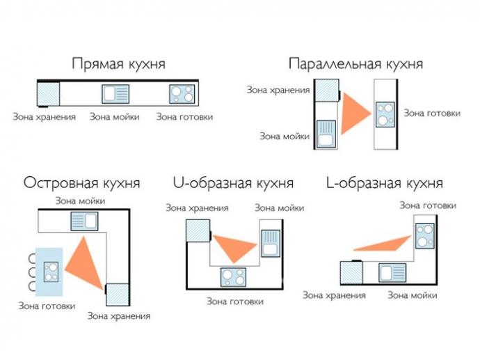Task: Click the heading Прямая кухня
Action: [119, 64]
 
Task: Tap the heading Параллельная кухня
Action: [355, 64]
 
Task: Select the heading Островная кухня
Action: [81, 183]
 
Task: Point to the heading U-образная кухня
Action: [233, 183]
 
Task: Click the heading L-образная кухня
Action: [385, 183]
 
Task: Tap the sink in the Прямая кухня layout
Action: [115, 94]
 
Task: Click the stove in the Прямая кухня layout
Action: [182, 94]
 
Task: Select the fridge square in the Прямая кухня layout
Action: [48, 94]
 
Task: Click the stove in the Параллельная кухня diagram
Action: [385, 114]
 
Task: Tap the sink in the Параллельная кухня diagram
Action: [326, 134]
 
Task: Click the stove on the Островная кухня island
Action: [51, 272]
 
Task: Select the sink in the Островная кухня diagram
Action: [84, 221]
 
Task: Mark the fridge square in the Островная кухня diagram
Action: [117, 295]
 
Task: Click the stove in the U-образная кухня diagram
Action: [233, 277]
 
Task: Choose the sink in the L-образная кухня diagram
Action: [392, 273]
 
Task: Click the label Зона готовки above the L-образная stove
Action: [428, 205]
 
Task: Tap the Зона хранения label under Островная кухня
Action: [119, 316]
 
